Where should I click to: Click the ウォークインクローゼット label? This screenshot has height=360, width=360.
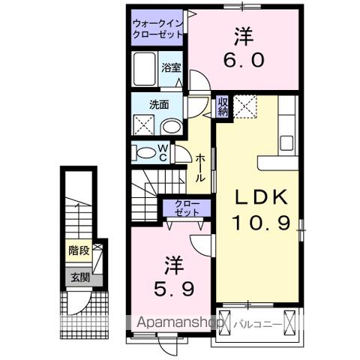157,29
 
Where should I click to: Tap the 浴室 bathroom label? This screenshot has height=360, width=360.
171,67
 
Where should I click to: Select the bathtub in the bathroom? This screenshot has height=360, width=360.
145,70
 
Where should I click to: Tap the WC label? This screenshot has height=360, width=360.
162,152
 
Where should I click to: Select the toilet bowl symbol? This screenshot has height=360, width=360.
142,153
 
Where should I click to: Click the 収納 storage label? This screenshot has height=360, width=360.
223,106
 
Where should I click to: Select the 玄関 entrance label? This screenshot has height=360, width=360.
78,277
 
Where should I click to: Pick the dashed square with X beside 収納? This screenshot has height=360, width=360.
244,107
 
